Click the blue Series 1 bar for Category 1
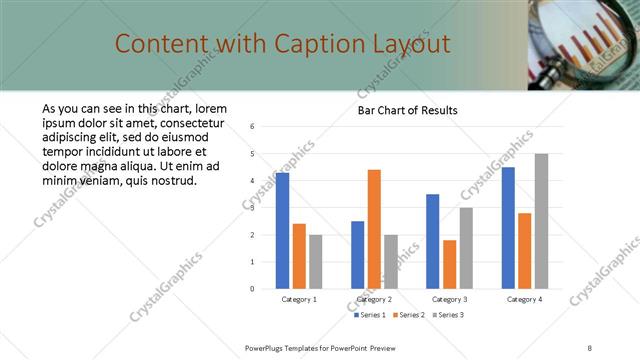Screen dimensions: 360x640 (x=283, y=231)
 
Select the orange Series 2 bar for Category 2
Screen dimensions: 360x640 (x=374, y=229)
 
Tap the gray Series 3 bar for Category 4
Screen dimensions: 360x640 (x=541, y=221)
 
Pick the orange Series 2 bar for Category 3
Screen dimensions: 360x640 (x=449, y=264)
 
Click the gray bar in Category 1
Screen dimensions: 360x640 (x=316, y=262)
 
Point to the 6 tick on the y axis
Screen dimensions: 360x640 (x=253, y=127)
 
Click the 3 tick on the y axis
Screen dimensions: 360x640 (x=253, y=208)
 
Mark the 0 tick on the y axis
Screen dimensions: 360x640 (x=253, y=289)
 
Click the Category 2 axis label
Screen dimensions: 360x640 (x=374, y=299)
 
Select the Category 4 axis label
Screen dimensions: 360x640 (x=524, y=299)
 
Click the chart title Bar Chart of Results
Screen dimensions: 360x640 (x=407, y=110)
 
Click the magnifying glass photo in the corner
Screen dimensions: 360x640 (x=584, y=45)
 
